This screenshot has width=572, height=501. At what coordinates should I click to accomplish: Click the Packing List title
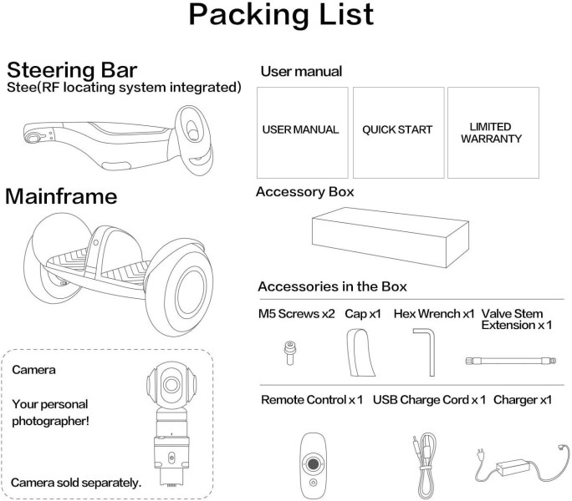(x=281, y=15)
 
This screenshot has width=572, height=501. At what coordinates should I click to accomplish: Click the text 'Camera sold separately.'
(x=76, y=483)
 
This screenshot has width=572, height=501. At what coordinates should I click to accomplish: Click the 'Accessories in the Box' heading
(x=332, y=286)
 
